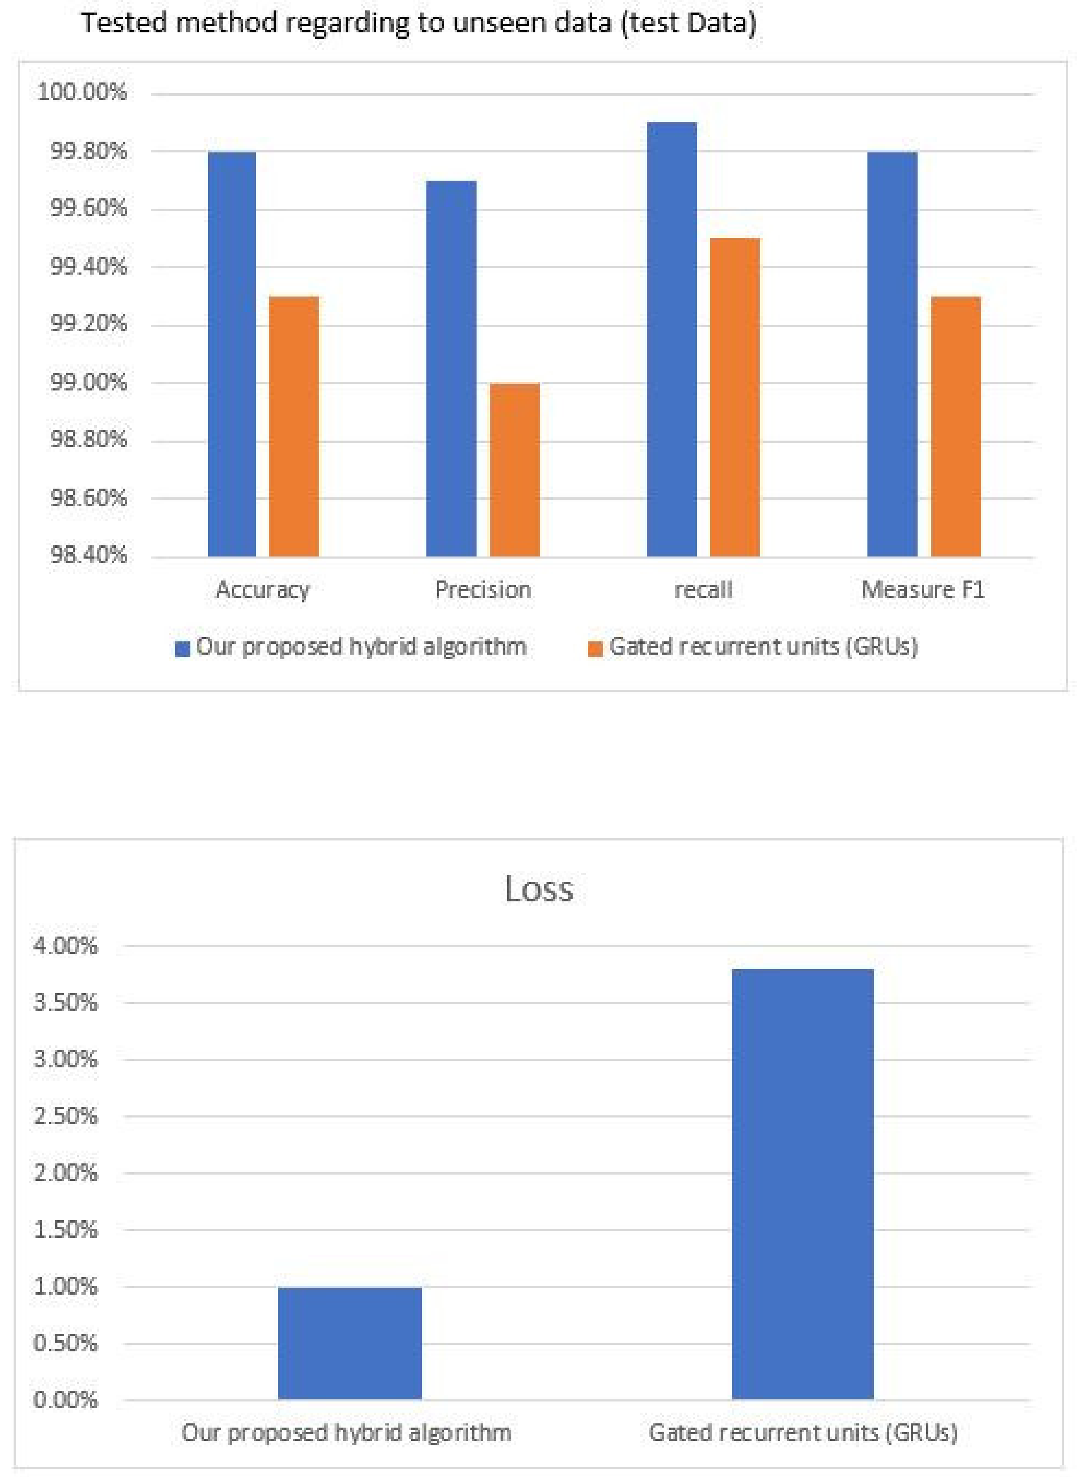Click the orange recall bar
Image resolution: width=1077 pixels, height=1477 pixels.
point(735,397)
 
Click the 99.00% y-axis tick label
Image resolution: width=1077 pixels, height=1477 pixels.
point(89,382)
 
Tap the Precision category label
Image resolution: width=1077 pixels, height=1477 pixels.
point(483,590)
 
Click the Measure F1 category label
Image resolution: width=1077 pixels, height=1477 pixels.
point(922,590)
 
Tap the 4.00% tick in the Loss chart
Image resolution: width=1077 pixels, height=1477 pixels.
point(66,946)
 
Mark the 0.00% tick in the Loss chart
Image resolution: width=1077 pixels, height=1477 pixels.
point(66,1399)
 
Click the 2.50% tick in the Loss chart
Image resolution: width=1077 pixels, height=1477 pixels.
point(66,1116)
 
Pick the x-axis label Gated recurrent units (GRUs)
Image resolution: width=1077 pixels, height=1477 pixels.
point(803,1433)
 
